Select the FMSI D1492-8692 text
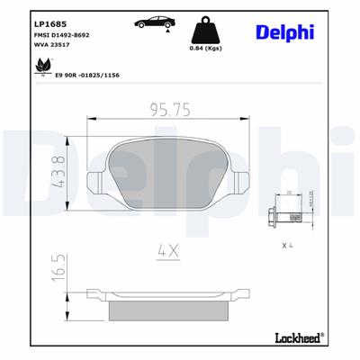pyautogui.click(x=60, y=33)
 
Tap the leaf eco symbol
pyautogui.click(x=40, y=65)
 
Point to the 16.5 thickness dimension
pyautogui.click(x=59, y=270)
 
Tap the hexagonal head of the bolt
pyautogui.click(x=274, y=215)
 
